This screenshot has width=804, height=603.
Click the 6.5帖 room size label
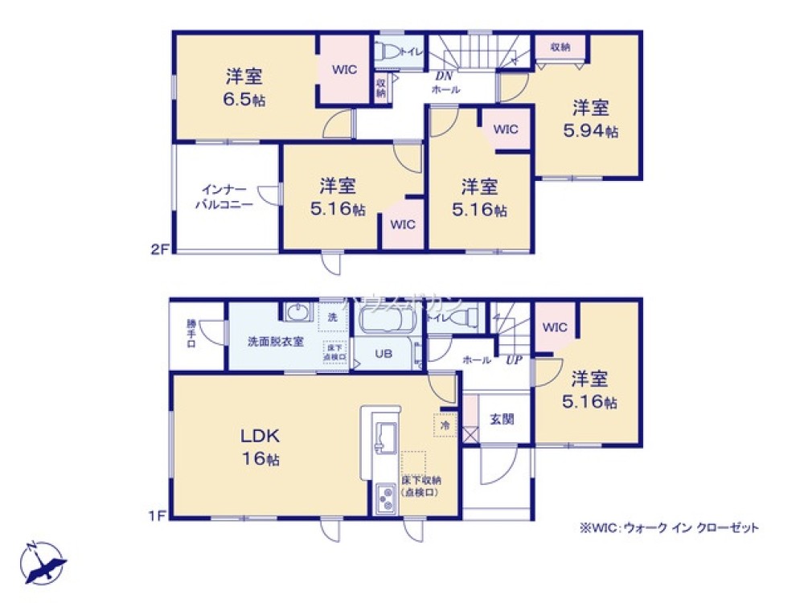pyautogui.click(x=246, y=100)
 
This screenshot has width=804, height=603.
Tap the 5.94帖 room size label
pyautogui.click(x=591, y=131)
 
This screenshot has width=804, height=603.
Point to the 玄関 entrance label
pyautogui.click(x=502, y=419)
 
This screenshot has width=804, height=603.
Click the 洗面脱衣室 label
pyautogui.click(x=275, y=341)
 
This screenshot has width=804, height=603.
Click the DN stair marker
pyautogui.click(x=443, y=76)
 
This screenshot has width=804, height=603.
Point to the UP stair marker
pyautogui.click(x=515, y=360)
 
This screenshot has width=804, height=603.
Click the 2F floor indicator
pyautogui.click(x=158, y=249)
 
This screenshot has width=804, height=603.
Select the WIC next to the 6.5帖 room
pyautogui.click(x=345, y=70)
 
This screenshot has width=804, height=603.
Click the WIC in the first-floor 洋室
pyautogui.click(x=555, y=327)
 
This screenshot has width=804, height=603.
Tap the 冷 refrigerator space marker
pyautogui.click(x=444, y=424)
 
